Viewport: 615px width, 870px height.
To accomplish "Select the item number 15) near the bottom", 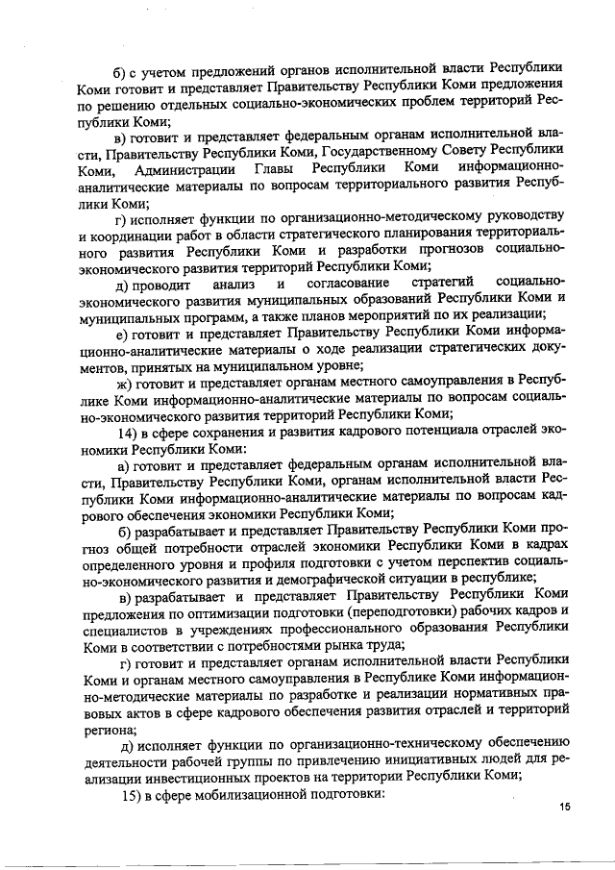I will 127,795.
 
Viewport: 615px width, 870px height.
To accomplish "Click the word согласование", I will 347,283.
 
